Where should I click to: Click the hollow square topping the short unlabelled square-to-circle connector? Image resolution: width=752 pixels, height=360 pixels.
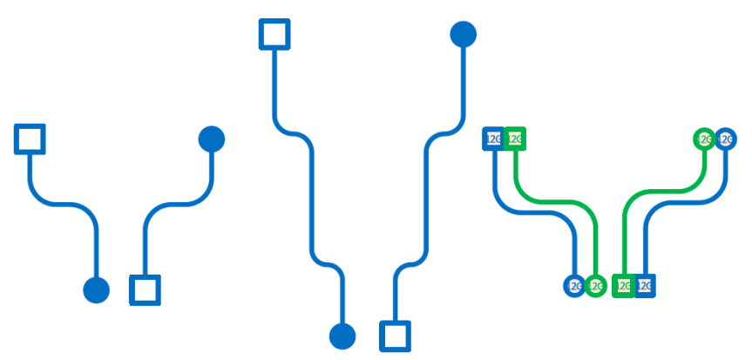pyautogui.click(x=30, y=139)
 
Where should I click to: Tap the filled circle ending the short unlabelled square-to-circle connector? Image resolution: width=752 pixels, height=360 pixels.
pyautogui.click(x=96, y=289)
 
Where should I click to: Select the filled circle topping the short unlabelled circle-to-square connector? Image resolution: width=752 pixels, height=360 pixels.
pyautogui.click(x=212, y=139)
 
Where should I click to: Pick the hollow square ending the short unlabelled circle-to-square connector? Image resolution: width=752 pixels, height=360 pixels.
pyautogui.click(x=145, y=289)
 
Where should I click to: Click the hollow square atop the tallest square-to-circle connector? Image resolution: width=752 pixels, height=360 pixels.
pyautogui.click(x=274, y=35)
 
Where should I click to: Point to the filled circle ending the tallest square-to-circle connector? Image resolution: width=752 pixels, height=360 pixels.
pyautogui.click(x=342, y=336)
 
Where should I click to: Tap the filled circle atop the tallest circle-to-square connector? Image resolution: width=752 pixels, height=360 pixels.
pyautogui.click(x=464, y=35)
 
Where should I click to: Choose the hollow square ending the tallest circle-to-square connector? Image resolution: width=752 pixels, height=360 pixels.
pyautogui.click(x=395, y=336)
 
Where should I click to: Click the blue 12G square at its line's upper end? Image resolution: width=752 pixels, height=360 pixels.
pyautogui.click(x=494, y=139)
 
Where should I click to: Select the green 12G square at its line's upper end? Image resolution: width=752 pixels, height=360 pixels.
pyautogui.click(x=515, y=139)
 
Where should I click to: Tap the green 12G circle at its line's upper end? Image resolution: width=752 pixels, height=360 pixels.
pyautogui.click(x=704, y=139)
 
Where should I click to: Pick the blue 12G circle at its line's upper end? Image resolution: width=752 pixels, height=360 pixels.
pyautogui.click(x=725, y=139)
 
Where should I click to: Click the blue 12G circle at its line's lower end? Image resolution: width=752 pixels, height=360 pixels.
pyautogui.click(x=574, y=285)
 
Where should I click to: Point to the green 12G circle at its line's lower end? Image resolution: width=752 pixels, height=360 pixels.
pyautogui.click(x=595, y=285)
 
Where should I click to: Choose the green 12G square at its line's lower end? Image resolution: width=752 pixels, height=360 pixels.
pyautogui.click(x=623, y=285)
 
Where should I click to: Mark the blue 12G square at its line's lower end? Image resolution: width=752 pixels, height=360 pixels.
pyautogui.click(x=644, y=285)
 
